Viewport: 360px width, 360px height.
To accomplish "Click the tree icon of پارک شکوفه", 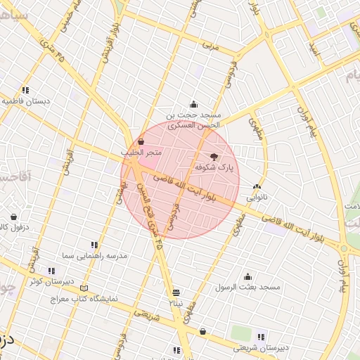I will (214, 157).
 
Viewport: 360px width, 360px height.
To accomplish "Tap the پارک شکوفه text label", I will (213, 168).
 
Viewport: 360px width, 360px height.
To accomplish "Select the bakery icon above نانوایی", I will (257, 188).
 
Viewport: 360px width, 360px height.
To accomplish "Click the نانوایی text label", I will (256, 198).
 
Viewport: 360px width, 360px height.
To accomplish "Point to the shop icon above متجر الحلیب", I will (141, 141).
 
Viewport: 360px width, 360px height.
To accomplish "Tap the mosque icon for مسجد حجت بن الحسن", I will (194, 103).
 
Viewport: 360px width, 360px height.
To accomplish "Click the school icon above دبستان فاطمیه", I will (25, 90).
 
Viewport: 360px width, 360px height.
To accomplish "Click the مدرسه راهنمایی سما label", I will (94, 256).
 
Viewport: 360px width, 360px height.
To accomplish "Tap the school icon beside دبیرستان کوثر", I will (51, 271).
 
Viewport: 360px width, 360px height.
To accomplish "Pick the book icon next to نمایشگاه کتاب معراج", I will (85, 288).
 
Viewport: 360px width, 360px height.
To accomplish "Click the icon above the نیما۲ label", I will (175, 292).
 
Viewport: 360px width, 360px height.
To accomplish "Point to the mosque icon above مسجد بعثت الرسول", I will (247, 276).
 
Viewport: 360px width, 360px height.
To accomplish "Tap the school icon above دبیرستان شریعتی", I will (262, 336).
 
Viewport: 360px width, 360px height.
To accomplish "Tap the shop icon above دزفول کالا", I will (14, 217).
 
